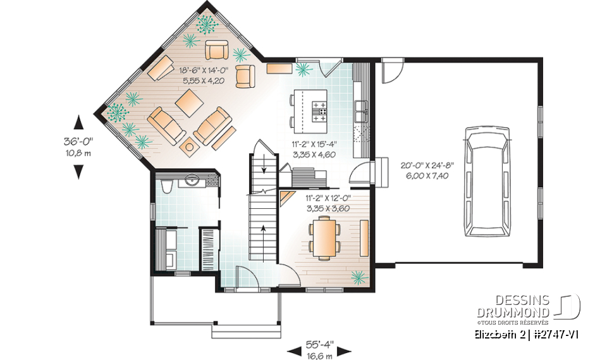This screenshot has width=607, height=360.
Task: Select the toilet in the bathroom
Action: coord(166,185)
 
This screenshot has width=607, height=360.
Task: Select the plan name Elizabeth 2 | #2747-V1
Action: coord(524,333)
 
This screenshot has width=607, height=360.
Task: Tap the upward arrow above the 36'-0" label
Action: coord(79,122)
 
